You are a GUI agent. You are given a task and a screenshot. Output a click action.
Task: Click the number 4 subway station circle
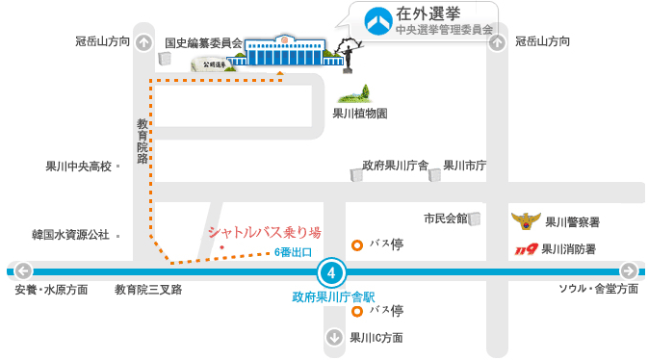[x=331, y=271]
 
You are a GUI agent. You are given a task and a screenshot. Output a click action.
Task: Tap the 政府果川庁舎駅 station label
[x=332, y=296]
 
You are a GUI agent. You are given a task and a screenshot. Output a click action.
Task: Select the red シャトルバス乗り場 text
[x=264, y=232]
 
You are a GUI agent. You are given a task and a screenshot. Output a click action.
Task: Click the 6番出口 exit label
[x=293, y=252]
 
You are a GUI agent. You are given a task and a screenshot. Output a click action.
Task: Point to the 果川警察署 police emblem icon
[x=526, y=222]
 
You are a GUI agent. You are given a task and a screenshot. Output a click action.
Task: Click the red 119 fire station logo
[x=525, y=249]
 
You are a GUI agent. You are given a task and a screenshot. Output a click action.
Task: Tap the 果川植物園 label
[x=359, y=114]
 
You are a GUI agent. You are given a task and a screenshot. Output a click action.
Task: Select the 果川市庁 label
[x=465, y=165]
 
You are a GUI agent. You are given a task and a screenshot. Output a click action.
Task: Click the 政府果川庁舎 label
[x=395, y=165]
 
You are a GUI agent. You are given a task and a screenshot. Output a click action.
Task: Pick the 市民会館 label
[x=445, y=218]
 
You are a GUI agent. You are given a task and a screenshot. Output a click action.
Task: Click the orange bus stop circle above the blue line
[x=357, y=244]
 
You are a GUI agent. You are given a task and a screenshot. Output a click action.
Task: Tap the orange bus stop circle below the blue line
[x=357, y=311]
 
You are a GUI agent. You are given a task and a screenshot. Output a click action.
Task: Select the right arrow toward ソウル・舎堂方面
[x=628, y=270]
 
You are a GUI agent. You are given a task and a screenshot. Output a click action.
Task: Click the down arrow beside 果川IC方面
[x=334, y=338]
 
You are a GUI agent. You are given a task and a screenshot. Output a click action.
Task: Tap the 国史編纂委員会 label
[x=203, y=42]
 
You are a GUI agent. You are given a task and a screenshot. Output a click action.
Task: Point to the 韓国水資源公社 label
[x=70, y=234]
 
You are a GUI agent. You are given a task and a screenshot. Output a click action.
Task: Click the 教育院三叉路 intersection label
[x=148, y=289]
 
